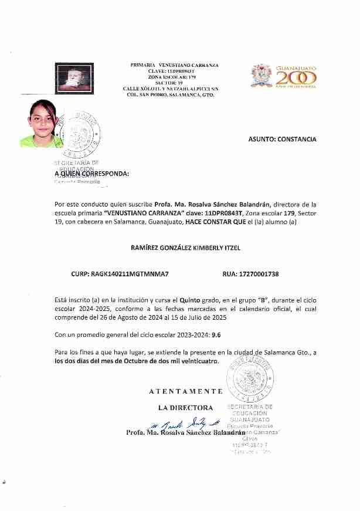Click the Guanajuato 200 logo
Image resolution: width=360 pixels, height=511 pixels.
click(284, 76)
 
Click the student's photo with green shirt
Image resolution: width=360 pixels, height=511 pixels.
click(40, 124)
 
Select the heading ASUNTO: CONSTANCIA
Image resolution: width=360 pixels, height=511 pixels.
click(282, 140)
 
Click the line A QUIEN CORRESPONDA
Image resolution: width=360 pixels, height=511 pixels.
click(91, 174)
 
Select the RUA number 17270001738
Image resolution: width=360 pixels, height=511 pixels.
click(251, 274)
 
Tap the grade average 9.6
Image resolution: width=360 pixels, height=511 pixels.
click(216, 336)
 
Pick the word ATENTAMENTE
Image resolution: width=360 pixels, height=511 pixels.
click(185, 391)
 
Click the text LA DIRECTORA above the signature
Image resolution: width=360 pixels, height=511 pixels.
click(185, 407)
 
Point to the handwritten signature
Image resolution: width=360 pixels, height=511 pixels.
click(186, 424)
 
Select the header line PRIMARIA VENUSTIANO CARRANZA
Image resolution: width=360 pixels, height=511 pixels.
click(174, 65)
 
